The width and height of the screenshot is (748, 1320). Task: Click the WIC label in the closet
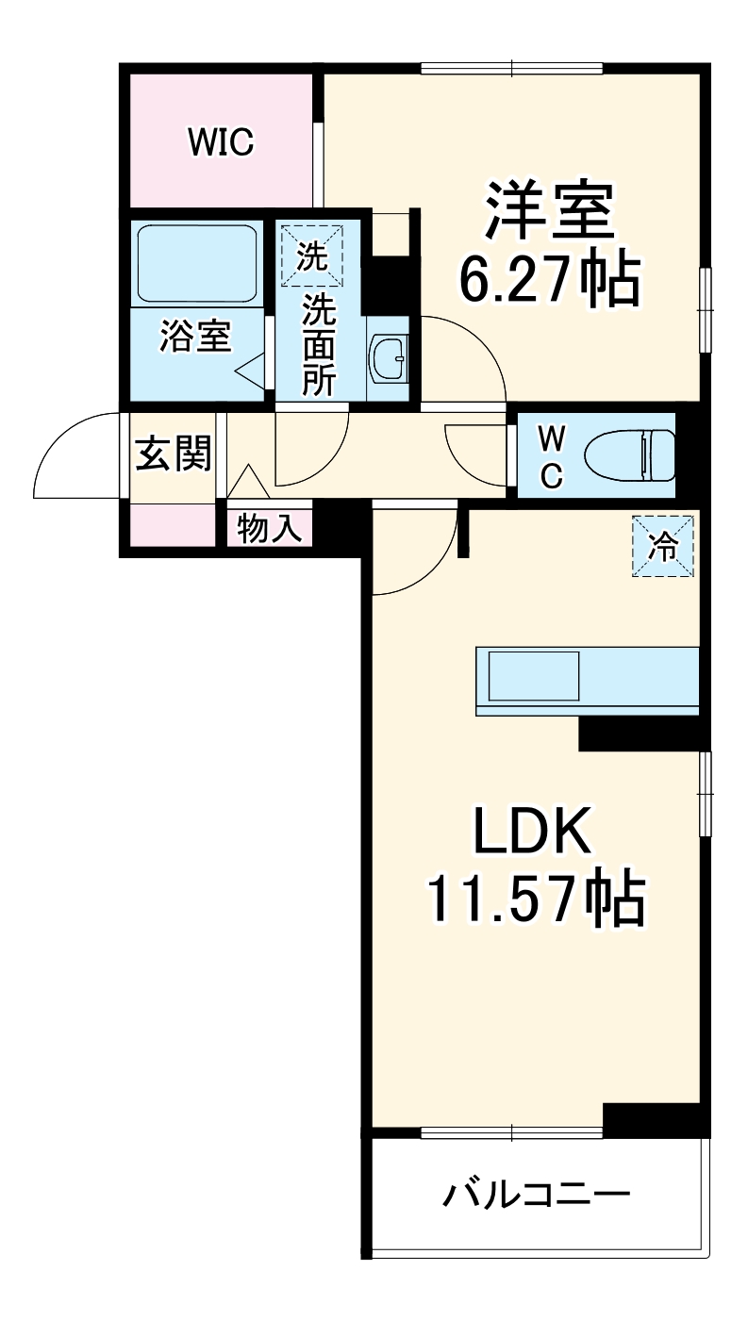[x=220, y=143]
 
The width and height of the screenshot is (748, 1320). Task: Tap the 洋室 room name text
[x=550, y=211]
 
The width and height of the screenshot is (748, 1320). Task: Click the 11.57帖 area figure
[x=536, y=899]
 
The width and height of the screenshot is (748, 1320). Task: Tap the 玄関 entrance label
[x=173, y=454]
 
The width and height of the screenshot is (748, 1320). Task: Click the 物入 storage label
[x=270, y=530]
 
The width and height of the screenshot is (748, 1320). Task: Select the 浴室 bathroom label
[x=195, y=337]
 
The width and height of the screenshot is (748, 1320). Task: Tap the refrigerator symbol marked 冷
[x=664, y=546]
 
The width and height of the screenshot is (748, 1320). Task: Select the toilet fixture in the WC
[x=630, y=454]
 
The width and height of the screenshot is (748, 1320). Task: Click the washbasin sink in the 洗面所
[x=388, y=359]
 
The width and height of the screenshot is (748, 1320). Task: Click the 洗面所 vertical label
[x=319, y=343]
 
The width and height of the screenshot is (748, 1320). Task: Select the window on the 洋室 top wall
[x=511, y=68]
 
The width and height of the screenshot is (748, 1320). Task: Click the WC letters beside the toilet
[x=551, y=456]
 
